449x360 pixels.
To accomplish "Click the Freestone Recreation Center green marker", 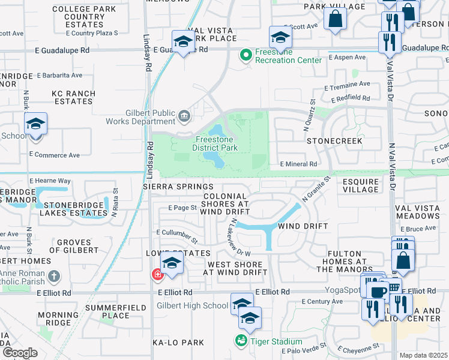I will click(245, 56).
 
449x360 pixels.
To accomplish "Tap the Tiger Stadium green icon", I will click(241, 341).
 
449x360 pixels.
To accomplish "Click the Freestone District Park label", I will click(215, 143).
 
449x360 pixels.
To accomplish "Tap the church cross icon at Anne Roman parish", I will click(54, 277).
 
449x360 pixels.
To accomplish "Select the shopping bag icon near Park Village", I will click(335, 19).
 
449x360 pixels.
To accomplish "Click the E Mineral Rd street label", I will click(298, 164).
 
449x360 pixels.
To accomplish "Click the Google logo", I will click(20, 353).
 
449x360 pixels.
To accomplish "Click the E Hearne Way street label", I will click(50, 180).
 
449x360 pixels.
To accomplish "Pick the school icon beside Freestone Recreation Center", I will click(280, 38).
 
